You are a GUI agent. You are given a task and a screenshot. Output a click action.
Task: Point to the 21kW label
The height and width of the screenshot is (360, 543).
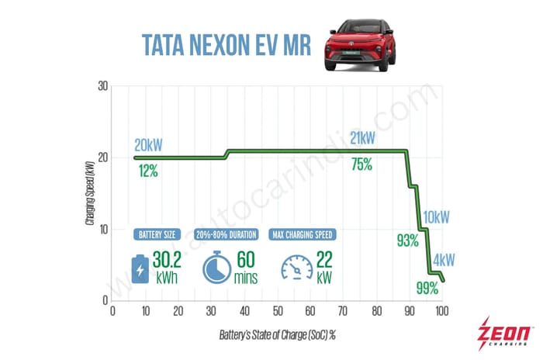[x=362, y=138]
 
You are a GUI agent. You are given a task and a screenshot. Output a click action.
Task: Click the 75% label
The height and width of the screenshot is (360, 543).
[x=361, y=164]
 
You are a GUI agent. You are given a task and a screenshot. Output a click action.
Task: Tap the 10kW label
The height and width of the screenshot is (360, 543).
[x=436, y=217]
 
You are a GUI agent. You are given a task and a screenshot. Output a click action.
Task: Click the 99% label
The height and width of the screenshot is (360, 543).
[x=427, y=289]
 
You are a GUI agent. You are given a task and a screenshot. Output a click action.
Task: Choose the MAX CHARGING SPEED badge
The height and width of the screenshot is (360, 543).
[x=306, y=234]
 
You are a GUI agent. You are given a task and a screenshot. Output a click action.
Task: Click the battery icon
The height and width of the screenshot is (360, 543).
[x=140, y=266]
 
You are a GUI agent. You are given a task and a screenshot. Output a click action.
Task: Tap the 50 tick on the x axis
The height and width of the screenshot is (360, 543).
[x=277, y=312]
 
